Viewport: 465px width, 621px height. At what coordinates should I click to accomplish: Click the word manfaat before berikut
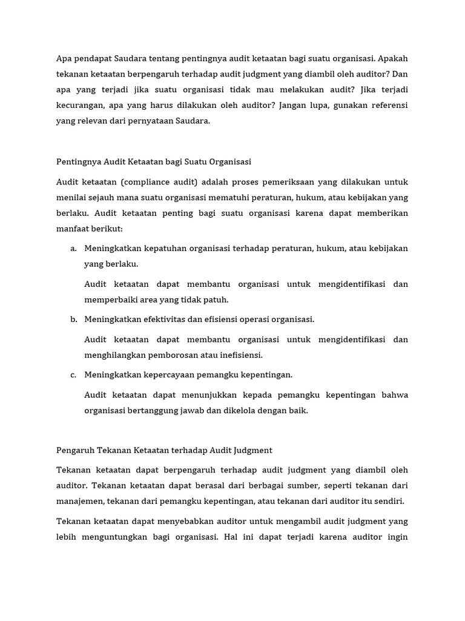(72, 229)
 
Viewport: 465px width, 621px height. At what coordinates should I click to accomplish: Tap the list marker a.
(73, 249)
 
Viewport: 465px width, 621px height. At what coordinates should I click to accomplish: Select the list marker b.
(73, 320)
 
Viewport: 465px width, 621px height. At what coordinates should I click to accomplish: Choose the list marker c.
(73, 375)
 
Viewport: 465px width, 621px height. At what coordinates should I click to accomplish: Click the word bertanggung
(153, 411)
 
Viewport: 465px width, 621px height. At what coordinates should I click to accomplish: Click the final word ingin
(397, 537)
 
